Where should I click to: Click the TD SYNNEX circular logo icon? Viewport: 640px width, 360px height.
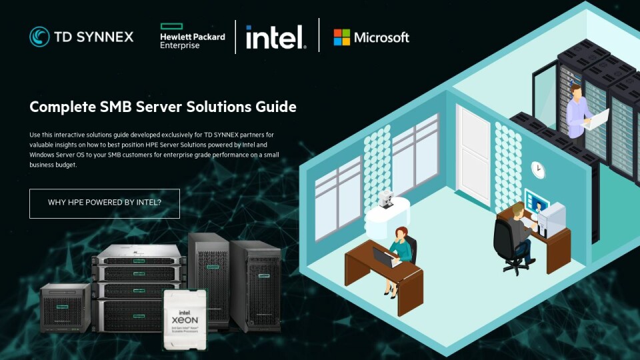point(39,37)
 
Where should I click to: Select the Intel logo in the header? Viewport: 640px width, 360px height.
point(275,37)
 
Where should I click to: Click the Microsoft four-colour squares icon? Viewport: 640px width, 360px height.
point(342,37)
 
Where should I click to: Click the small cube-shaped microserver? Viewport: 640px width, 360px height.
point(65,307)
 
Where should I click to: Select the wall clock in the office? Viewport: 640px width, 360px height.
point(537,170)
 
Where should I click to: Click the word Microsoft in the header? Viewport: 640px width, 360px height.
point(381,37)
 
